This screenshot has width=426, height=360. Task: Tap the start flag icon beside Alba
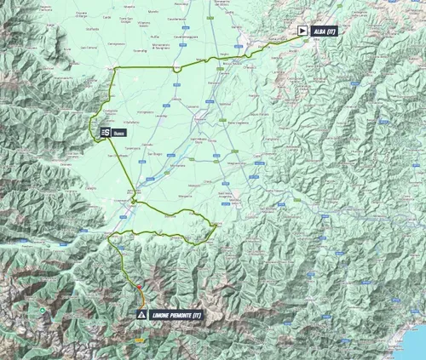(302, 31)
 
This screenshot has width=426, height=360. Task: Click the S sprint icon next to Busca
(105, 132)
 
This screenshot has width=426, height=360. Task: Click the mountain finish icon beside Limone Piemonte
(141, 315)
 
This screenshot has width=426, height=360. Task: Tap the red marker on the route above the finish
(139, 289)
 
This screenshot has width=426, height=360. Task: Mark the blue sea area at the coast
(413, 340)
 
